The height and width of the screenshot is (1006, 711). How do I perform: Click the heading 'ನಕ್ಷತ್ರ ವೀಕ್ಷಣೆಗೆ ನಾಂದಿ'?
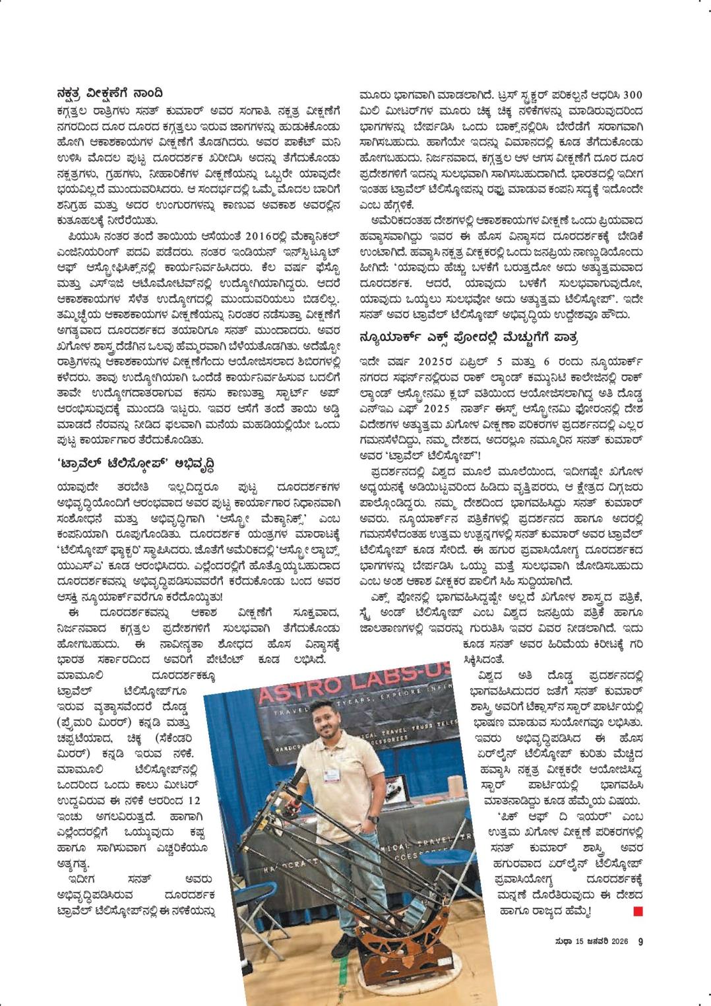[109, 93]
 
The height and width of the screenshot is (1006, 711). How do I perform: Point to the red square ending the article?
[638, 912]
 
